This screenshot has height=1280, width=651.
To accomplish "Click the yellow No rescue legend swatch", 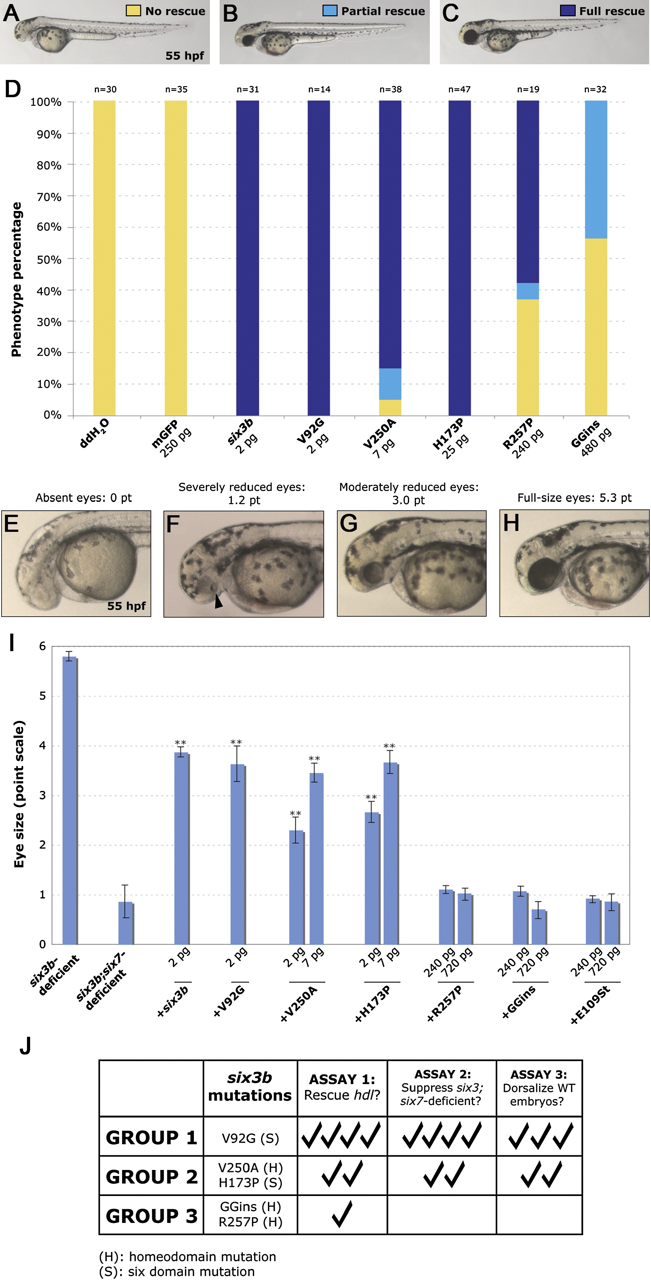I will coord(133,11).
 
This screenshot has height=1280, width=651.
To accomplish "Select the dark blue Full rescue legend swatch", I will coord(568,11).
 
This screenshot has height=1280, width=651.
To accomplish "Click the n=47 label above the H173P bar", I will coord(460,89).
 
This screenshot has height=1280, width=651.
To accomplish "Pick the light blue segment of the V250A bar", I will coord(390,384).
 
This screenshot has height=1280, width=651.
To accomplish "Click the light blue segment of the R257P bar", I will coord(528,291).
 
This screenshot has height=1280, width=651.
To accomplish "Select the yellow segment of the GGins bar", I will coord(596,327).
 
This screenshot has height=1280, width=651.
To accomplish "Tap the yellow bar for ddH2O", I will coord(104,258).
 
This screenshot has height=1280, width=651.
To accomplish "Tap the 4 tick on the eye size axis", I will coord(42,745).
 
